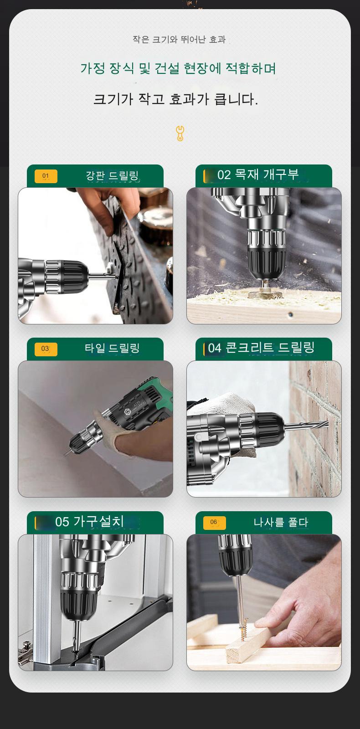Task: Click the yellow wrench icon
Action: [180, 133]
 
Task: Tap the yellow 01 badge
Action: [46, 176]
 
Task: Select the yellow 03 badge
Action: [46, 349]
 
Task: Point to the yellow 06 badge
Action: [214, 522]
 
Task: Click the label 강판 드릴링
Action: [112, 176]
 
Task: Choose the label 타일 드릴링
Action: [112, 349]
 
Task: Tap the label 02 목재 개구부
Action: [258, 175]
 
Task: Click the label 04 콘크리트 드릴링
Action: [261, 348]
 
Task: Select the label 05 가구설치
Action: [89, 522]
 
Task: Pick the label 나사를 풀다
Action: [281, 522]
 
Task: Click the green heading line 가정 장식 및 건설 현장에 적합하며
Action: [178, 68]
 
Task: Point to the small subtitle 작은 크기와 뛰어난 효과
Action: [179, 40]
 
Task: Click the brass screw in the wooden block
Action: [242, 628]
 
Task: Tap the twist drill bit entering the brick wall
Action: [306, 424]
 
